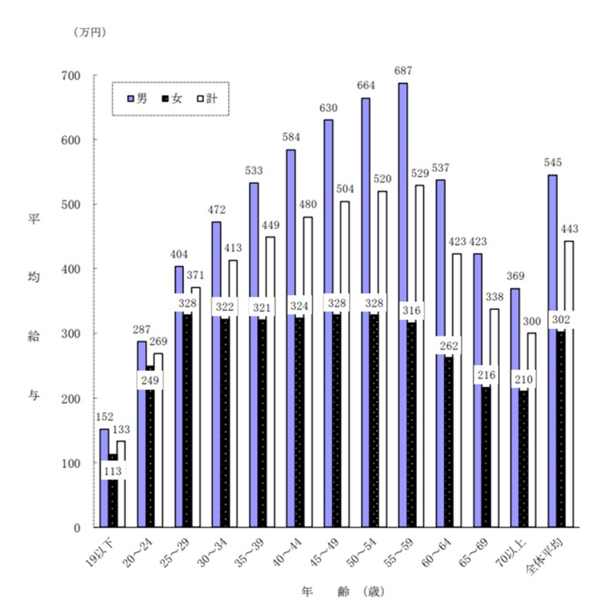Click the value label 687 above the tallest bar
pyautogui.click(x=403, y=71)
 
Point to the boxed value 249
pyautogui.click(x=150, y=381)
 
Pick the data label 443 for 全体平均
pyautogui.click(x=569, y=229)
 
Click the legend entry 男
pyautogui.click(x=137, y=99)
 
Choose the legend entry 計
pyautogui.click(x=207, y=99)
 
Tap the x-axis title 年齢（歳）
pyautogui.click(x=343, y=591)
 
